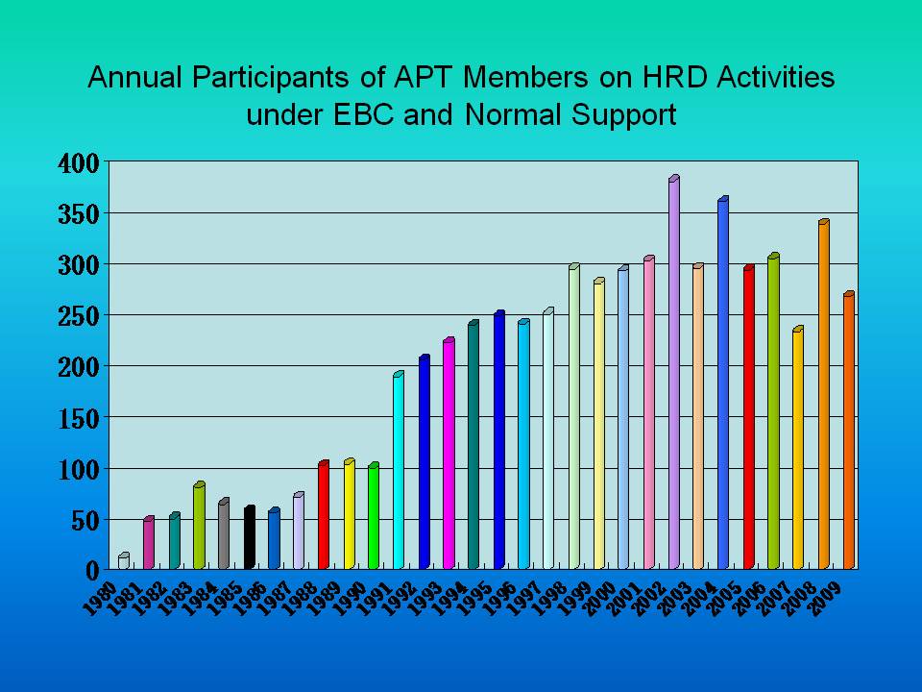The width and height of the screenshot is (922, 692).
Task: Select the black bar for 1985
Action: coord(250,537)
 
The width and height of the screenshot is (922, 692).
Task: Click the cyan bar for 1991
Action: coord(398,470)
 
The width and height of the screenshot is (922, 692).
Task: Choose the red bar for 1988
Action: coord(324,515)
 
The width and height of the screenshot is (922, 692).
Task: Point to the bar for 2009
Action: coord(849,431)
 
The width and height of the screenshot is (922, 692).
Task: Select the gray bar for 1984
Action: coord(224,533)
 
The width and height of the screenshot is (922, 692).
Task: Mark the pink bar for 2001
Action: coord(649,412)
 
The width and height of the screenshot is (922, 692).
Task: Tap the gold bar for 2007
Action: coord(798,448)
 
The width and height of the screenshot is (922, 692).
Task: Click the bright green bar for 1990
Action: coord(374,516)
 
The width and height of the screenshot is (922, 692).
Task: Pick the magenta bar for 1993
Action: coord(449,454)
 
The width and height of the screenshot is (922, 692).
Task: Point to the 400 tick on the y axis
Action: coord(80,163)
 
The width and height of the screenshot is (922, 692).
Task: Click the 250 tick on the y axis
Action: coord(80,316)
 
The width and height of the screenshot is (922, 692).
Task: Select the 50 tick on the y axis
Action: coord(86,521)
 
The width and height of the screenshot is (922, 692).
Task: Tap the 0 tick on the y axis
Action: coord(93,570)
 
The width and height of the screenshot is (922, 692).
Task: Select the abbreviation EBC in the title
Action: coord(363,114)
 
